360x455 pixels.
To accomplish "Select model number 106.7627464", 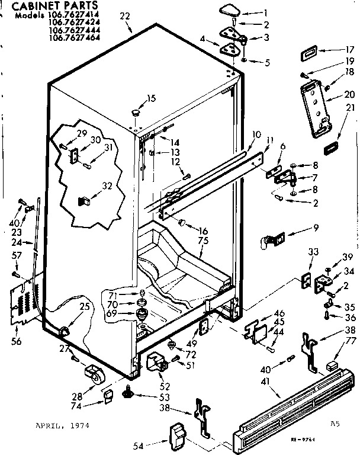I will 74,37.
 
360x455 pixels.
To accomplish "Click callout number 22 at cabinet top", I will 124,16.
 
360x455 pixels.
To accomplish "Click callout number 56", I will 16,341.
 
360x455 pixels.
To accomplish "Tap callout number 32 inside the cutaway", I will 107,185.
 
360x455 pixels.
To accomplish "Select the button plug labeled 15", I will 136,111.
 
